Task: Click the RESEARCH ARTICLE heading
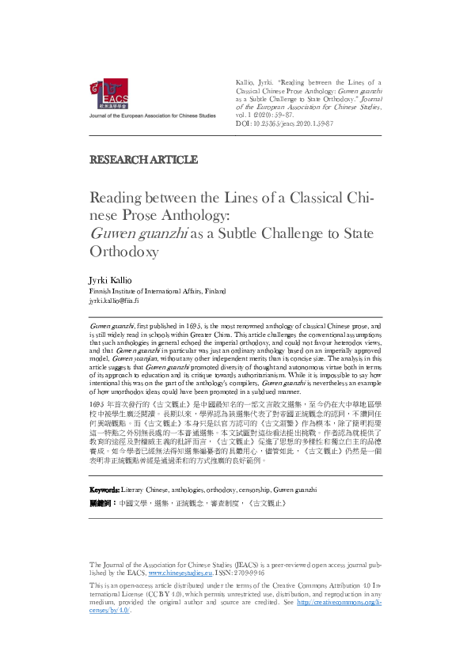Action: (143, 160)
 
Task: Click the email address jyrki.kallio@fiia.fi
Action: (115, 301)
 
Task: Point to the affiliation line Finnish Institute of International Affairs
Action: (156, 291)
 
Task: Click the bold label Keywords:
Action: (104, 490)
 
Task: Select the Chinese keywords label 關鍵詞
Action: (101, 502)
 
